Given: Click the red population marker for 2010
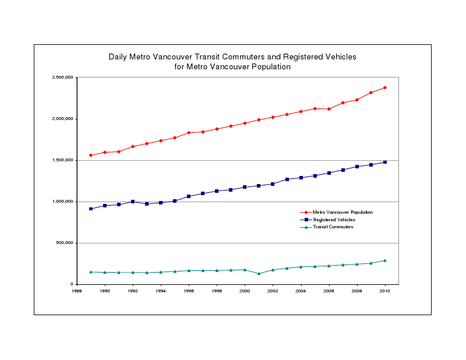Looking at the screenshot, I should point(385,87).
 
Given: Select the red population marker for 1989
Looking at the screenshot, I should point(91,156).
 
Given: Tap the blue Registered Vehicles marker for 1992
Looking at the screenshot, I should point(133,202).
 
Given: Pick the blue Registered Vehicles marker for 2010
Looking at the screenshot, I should point(385,162).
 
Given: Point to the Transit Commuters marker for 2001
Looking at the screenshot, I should point(259,273).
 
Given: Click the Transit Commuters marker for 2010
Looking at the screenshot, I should point(385,260).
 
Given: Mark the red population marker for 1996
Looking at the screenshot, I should point(189,133).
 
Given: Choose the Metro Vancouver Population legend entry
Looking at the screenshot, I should point(343,213).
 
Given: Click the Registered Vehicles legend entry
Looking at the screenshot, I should point(334,220).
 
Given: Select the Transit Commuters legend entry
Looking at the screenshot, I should point(333,227).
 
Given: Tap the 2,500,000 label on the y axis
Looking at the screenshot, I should point(61,77).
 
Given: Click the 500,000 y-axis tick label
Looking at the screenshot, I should point(63,243).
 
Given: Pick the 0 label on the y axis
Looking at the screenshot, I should point(70,284).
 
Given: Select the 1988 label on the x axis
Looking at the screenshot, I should point(77,291).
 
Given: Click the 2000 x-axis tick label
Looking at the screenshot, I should point(245,291).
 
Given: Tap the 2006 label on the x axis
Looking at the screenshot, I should point(329,291).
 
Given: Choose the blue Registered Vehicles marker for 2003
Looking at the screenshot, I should point(287,179).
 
